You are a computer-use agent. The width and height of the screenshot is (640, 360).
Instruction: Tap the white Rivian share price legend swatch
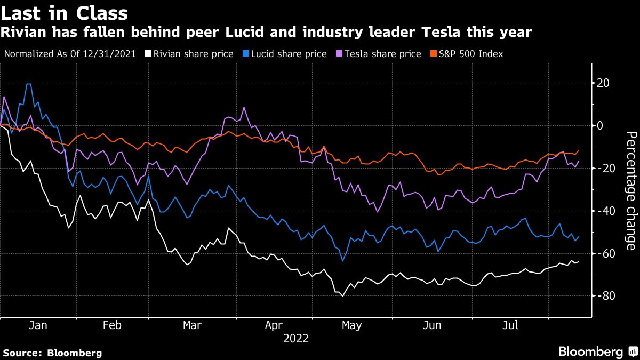(x=150, y=54)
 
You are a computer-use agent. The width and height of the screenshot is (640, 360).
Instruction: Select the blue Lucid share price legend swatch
(x=245, y=54)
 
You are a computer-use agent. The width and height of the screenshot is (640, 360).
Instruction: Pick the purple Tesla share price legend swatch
(x=339, y=54)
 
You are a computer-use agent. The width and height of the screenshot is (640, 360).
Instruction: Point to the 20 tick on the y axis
(x=604, y=83)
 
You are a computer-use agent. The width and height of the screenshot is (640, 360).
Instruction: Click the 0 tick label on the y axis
(x=601, y=126)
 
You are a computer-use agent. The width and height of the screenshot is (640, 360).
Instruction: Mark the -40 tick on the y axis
(x=605, y=211)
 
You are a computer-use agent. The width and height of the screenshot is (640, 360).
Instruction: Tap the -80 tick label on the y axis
(x=605, y=296)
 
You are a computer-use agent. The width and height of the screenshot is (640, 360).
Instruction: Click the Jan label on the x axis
(x=38, y=325)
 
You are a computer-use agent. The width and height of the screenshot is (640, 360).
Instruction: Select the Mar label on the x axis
(x=192, y=325)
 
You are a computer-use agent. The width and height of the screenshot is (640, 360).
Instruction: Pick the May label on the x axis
(x=351, y=325)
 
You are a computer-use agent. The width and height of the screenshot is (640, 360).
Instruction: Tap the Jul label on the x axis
(x=511, y=325)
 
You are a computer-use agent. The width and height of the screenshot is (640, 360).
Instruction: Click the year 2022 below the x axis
(x=295, y=338)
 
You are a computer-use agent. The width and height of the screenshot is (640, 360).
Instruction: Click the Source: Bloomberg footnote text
(x=52, y=353)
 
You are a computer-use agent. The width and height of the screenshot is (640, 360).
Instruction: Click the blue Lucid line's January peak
(x=28, y=84)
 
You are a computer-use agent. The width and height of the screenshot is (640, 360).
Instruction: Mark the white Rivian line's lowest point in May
(x=343, y=296)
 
